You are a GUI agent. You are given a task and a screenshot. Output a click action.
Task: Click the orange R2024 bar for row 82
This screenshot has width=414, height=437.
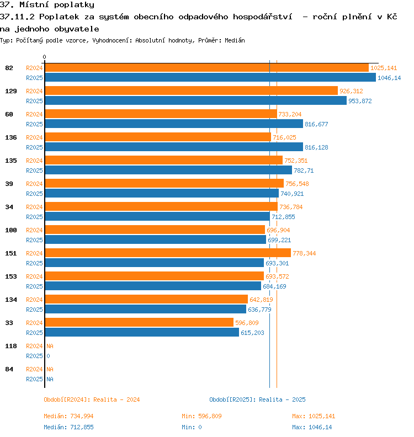click(206, 68)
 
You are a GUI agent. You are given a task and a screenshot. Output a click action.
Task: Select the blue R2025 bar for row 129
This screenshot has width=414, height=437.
click(196, 100)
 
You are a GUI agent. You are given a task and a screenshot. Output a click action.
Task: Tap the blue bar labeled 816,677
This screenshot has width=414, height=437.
click(174, 124)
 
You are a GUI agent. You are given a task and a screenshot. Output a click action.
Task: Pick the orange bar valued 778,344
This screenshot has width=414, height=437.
click(168, 253)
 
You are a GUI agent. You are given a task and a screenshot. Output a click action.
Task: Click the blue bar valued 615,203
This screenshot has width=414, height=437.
click(142, 332)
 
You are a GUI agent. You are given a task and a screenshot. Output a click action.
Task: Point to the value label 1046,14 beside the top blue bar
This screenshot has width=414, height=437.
click(389, 78)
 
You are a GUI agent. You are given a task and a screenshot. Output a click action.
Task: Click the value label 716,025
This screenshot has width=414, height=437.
click(284, 137)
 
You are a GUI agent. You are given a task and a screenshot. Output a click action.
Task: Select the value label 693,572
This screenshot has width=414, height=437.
click(277, 276)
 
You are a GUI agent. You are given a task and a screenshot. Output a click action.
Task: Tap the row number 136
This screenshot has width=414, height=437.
click(11, 137)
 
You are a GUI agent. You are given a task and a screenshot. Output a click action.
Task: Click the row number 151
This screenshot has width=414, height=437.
click(11, 253)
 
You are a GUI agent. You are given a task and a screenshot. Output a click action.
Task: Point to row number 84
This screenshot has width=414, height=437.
click(9, 369)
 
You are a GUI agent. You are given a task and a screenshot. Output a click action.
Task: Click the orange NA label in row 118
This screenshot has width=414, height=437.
click(50, 346)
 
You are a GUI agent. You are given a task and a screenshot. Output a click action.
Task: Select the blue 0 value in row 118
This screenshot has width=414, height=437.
click(48, 356)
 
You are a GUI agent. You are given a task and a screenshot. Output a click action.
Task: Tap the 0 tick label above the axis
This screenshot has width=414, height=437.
click(44, 57)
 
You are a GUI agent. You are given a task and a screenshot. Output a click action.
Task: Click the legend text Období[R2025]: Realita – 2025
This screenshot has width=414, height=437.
click(257, 399)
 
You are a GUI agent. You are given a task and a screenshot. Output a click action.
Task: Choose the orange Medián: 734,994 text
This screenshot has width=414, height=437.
click(68, 416)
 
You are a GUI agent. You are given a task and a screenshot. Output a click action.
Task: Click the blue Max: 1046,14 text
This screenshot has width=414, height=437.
click(312, 427)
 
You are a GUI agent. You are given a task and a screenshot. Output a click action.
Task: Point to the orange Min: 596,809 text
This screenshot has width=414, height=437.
click(201, 416)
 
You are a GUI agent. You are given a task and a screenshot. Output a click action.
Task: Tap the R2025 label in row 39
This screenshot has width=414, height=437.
click(34, 194)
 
